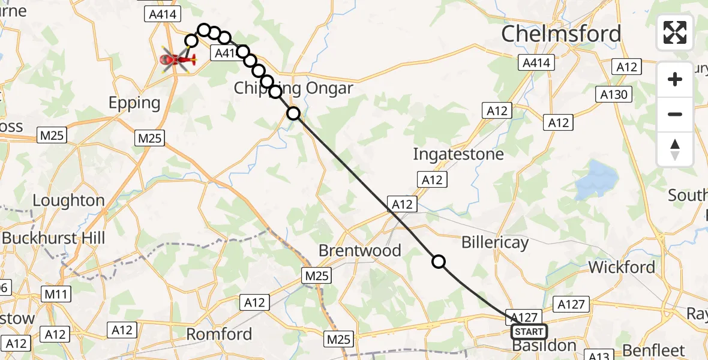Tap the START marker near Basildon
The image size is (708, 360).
pyautogui.click(x=529, y=332)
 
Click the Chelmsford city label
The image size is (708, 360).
pyautogui.click(x=561, y=34)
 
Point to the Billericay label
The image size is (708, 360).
pyautogui.click(x=495, y=242)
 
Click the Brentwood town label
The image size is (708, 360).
pyautogui.click(x=360, y=250)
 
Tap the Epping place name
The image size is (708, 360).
pyautogui.click(x=134, y=103)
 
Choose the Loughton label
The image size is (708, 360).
pyautogui.click(x=68, y=200)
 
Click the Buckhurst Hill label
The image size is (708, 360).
pyautogui.click(x=53, y=238)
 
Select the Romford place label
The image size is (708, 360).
pyautogui.click(x=219, y=334)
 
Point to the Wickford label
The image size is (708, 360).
pyautogui.click(x=622, y=266)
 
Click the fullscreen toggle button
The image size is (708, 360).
pyautogui.click(x=675, y=32)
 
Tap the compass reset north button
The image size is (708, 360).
pyautogui.click(x=675, y=149)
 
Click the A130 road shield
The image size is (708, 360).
pyautogui.click(x=612, y=94)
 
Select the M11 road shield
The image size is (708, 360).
pyautogui.click(x=56, y=294)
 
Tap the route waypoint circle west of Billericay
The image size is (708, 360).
pyautogui.click(x=439, y=262)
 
